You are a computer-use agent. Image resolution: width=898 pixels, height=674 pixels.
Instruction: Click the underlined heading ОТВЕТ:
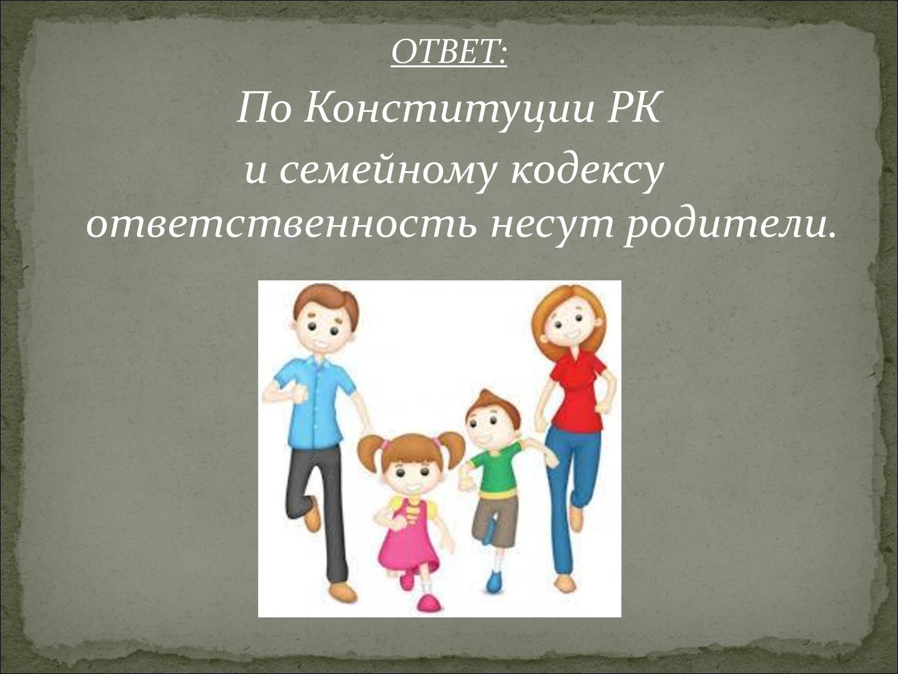tap(449, 53)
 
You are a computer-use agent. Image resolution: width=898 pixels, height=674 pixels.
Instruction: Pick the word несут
tap(552, 226)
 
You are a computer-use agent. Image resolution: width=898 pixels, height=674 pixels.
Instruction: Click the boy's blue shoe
tap(494, 580)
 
